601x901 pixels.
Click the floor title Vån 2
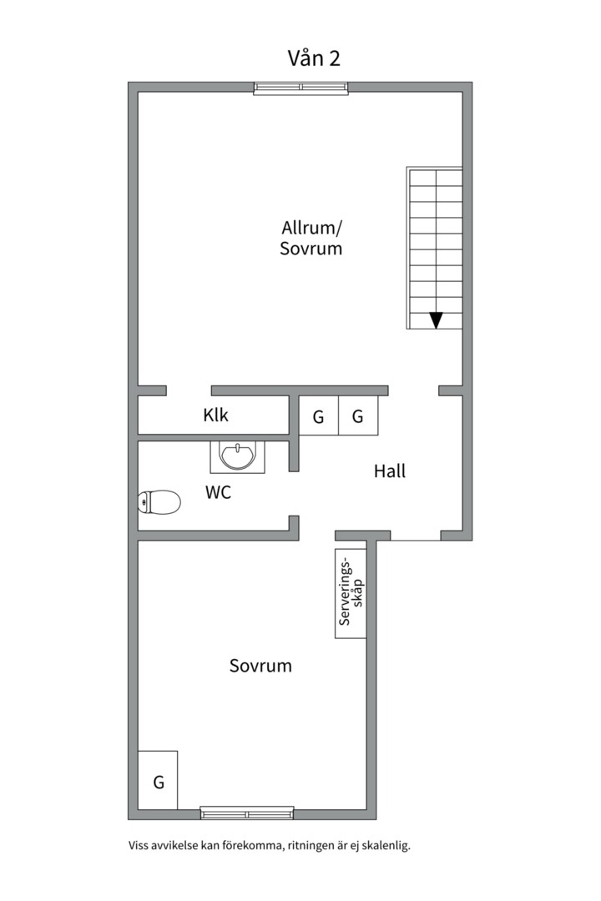(314, 58)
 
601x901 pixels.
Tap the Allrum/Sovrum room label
(311, 238)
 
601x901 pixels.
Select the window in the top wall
(301, 88)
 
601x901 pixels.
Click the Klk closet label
(215, 415)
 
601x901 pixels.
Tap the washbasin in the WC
(238, 457)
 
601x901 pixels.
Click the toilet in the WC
(159, 502)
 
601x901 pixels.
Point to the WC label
(218, 492)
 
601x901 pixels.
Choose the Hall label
(390, 471)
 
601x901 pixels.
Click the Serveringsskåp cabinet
(351, 594)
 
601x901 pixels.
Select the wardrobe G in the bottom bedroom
(158, 780)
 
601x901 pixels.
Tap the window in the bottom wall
(247, 813)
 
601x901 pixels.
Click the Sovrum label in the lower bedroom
(260, 666)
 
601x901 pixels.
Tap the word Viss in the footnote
(138, 846)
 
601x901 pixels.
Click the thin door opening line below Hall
(416, 540)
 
